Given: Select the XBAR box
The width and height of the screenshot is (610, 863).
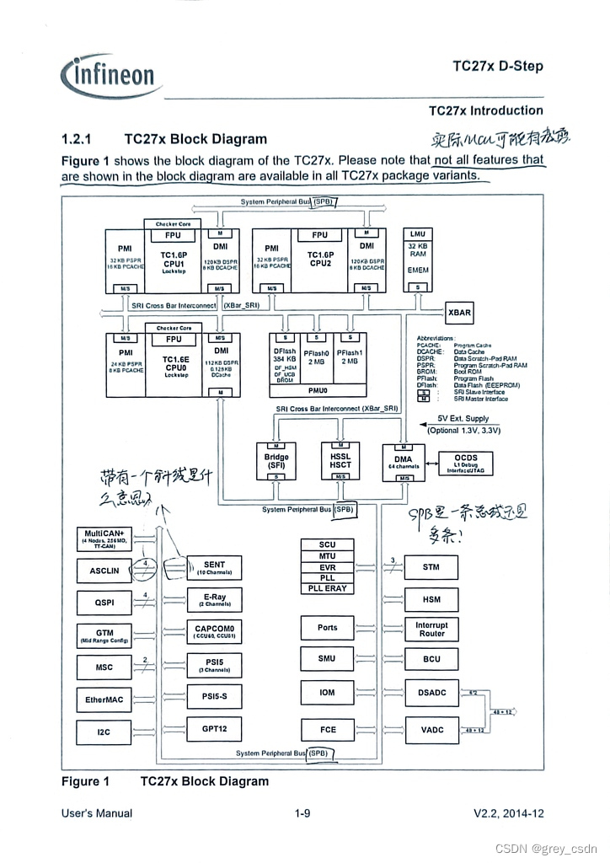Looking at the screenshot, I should [459, 313].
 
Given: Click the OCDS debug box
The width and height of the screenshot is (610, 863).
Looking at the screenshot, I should [465, 463].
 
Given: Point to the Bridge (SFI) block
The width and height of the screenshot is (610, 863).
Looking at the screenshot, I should [276, 461].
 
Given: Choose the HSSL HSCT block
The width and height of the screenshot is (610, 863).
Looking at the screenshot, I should [340, 461].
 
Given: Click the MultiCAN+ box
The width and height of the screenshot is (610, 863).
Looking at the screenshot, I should [104, 537].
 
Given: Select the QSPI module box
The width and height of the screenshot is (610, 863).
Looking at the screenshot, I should [104, 603].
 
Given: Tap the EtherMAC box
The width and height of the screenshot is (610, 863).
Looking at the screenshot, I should [104, 700].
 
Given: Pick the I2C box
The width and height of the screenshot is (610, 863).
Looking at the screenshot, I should [104, 732].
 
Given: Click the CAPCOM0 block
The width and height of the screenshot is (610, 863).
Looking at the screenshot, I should [214, 631].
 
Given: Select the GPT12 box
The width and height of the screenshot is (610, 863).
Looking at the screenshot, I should [214, 729].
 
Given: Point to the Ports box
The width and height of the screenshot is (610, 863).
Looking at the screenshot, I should [328, 628].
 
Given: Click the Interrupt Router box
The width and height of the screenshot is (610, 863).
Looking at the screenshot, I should [431, 630].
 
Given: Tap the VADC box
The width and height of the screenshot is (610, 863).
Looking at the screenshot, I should [431, 730].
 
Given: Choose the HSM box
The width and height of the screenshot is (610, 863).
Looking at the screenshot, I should [431, 600].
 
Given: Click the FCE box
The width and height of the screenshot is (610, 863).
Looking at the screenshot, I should [328, 730].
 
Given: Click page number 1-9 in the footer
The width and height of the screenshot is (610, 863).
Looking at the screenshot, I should [302, 813].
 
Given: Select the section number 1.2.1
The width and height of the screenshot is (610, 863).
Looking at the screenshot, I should [77, 139].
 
